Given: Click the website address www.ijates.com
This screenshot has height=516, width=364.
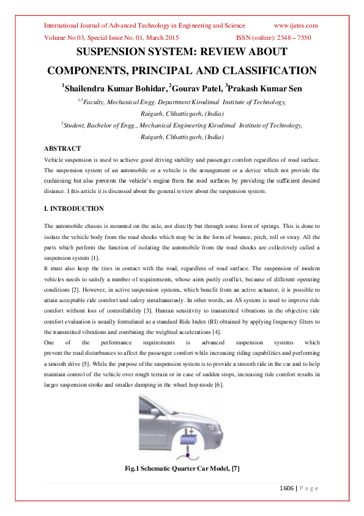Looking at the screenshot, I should [295, 26].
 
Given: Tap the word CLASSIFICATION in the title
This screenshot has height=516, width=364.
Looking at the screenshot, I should [265, 70].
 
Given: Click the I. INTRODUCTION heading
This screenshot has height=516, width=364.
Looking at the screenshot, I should [74, 209].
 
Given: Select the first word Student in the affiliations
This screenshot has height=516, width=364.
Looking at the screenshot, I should [75, 125].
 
